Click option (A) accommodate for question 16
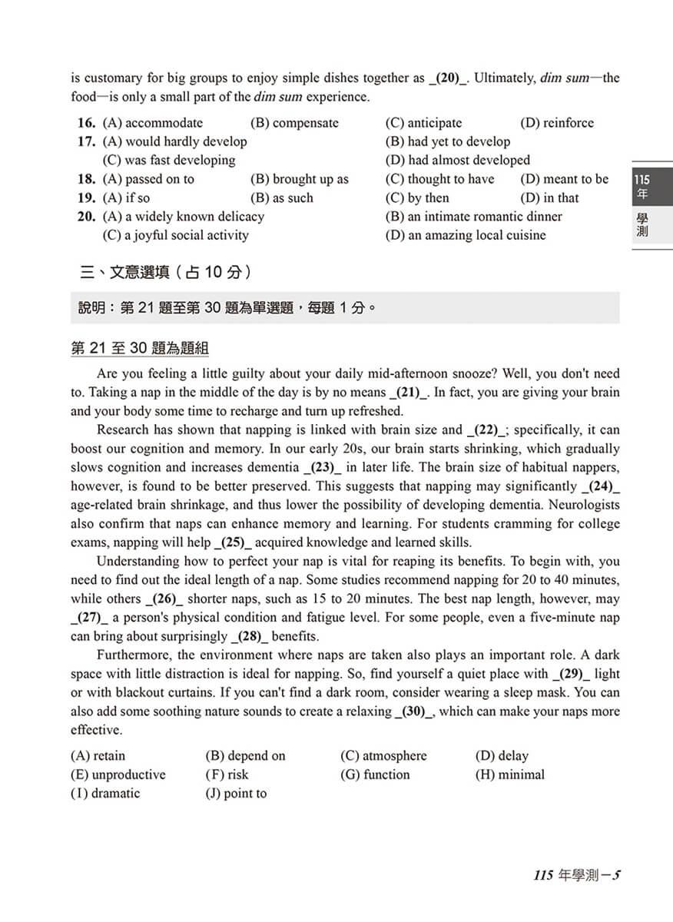pos(152,123)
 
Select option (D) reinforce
pos(556,123)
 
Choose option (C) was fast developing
pos(168,161)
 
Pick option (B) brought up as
pos(299,179)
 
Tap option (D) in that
pos(549,198)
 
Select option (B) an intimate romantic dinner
pos(473,217)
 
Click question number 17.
pos(86,142)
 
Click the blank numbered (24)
pos(600,486)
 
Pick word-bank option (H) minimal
pos(509,774)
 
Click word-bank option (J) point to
pos(236,794)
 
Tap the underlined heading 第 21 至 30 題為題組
pos(139,349)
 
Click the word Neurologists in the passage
pos(583,505)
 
